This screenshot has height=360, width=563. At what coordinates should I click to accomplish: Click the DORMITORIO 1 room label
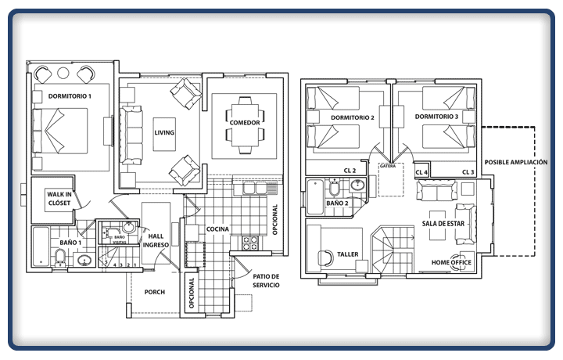(70, 96)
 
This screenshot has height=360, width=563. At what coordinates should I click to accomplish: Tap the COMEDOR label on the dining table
(245, 123)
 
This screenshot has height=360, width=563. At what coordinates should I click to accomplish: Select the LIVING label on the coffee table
(164, 132)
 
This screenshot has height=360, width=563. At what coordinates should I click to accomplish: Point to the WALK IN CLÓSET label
(59, 199)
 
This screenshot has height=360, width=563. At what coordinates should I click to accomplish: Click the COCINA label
(217, 229)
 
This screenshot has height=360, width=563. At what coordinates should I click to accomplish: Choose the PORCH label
(155, 292)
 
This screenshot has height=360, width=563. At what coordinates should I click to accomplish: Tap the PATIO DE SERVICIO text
(266, 281)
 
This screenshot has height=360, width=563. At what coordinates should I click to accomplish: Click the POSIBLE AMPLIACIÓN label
(516, 163)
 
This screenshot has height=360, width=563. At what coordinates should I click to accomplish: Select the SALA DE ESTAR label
(443, 224)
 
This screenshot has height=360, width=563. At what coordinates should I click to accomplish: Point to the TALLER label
(347, 254)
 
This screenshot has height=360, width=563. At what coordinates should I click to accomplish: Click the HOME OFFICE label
(451, 262)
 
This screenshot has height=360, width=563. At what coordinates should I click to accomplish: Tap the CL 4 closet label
(421, 172)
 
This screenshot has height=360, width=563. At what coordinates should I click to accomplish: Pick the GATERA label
(388, 167)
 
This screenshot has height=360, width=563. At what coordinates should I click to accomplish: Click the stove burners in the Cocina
(250, 243)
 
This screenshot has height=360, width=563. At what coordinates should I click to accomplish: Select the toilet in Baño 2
(335, 187)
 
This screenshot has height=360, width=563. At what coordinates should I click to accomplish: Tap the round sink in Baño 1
(84, 260)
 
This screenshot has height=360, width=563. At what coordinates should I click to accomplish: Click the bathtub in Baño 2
(315, 197)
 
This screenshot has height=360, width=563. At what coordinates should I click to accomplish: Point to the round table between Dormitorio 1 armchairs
(63, 74)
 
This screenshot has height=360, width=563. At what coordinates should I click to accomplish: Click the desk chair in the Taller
(326, 258)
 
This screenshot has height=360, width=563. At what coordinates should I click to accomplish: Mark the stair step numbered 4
(114, 265)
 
